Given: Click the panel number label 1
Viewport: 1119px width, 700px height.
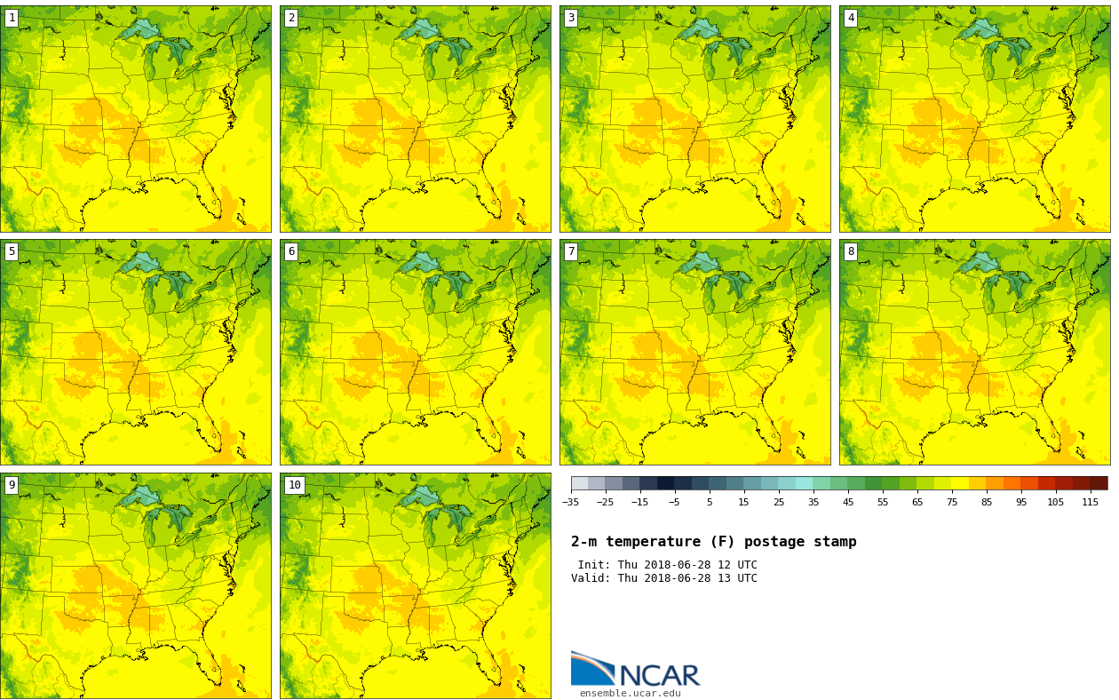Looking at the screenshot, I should (x=12, y=18).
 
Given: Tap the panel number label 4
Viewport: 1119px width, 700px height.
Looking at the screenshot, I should (x=851, y=18).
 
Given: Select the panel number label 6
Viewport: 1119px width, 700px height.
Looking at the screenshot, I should (x=291, y=251).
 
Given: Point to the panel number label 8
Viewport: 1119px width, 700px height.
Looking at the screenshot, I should (x=851, y=251).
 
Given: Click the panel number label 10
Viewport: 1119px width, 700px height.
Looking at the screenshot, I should (x=294, y=485).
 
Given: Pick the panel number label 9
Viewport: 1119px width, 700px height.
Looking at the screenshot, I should (x=12, y=485).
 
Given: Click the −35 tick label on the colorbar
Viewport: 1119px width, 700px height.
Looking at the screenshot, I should (x=570, y=503).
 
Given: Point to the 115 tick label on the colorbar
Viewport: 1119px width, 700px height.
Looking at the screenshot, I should (x=1090, y=503).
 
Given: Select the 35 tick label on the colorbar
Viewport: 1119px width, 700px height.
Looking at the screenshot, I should (x=813, y=503).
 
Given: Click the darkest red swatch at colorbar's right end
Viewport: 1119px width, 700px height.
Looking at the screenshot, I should (x=1099, y=483).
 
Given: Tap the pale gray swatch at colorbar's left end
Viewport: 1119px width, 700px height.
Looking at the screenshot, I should (x=579, y=483).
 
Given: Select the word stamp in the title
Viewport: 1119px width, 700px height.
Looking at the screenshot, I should (x=835, y=542).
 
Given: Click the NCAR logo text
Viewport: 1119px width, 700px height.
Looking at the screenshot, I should (x=659, y=675).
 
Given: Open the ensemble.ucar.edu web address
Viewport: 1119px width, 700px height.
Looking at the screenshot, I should (x=630, y=694).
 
